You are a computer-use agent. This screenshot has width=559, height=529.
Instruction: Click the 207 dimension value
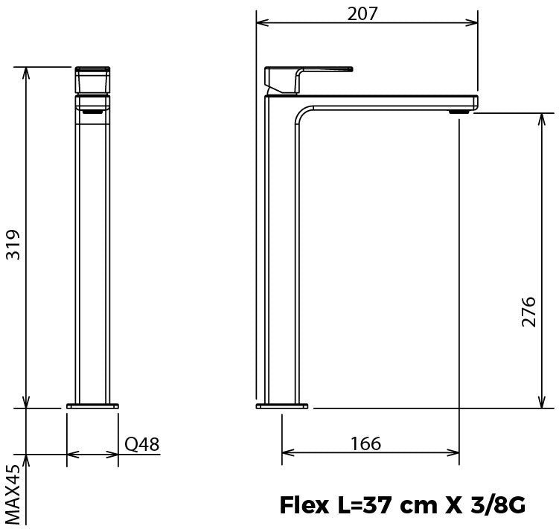[x=362, y=14]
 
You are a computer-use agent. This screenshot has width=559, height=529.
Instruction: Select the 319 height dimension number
[x=13, y=245]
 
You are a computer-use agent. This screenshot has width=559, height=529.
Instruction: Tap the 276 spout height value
[x=528, y=312]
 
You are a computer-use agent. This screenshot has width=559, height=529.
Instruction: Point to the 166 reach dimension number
[x=365, y=443]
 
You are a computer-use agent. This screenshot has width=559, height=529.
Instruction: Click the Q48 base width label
[x=142, y=444]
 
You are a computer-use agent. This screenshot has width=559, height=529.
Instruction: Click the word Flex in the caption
[x=304, y=505]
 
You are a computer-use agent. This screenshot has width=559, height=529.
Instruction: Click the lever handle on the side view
[x=308, y=79]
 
